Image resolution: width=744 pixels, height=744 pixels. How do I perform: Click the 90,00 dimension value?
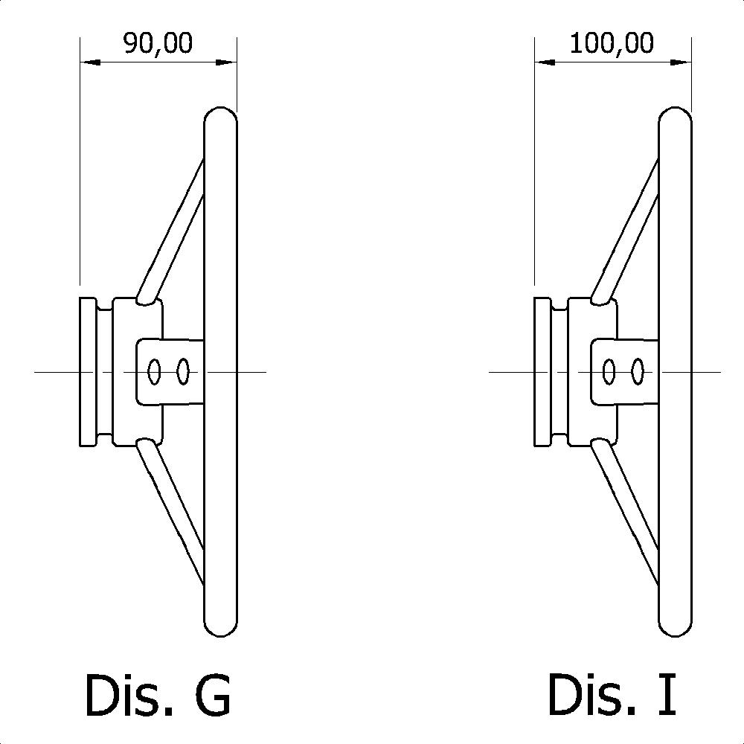(x=158, y=43)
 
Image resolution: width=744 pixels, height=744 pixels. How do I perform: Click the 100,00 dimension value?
(x=612, y=43)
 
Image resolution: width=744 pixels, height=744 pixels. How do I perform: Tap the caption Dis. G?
(x=158, y=695)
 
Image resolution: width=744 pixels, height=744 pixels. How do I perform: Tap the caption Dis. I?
(x=612, y=695)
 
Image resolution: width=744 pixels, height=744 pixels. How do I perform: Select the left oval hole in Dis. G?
(x=155, y=371)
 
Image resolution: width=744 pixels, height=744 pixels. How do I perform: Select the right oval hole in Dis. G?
(x=183, y=371)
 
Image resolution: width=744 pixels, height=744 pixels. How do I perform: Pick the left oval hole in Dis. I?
(x=609, y=371)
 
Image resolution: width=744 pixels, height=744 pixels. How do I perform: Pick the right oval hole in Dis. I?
(x=637, y=371)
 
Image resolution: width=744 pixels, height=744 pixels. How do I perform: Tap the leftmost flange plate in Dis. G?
(x=88, y=371)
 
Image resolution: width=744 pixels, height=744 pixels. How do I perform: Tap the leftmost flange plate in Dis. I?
(x=542, y=371)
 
